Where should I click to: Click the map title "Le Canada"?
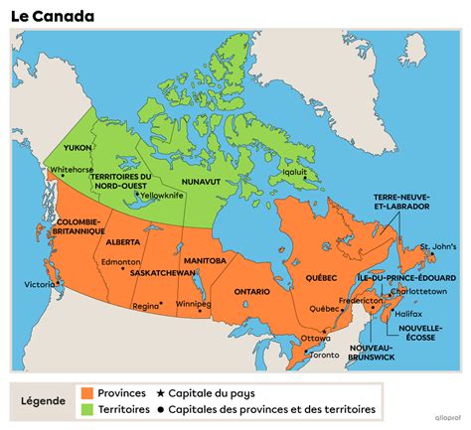(54, 16)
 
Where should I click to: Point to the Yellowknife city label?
(162, 196)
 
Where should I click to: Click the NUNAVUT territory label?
(202, 182)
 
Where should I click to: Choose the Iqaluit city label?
(296, 170)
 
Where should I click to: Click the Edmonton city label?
(119, 261)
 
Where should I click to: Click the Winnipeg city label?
(193, 303)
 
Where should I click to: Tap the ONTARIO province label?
(252, 291)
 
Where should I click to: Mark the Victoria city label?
(40, 284)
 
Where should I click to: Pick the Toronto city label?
(324, 355)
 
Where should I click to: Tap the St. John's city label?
(438, 245)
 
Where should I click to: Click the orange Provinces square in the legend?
(88, 392)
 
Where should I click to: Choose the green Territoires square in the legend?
(88, 408)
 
